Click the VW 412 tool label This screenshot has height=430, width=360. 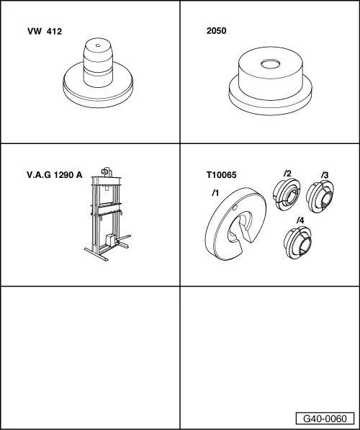pos(45,32)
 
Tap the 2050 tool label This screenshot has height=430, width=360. pos(216,31)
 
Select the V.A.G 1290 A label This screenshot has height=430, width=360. pos(54,175)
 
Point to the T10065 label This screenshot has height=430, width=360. pos(221,175)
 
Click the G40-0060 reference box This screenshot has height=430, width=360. pos(325,418)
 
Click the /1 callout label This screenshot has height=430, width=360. pos(215,193)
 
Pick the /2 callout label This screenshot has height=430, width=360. pos(287,174)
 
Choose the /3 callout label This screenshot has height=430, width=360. pos(325,175)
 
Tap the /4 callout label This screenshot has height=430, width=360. pos(300,220)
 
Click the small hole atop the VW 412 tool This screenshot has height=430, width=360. pos(98,45)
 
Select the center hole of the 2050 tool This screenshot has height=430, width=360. pos(270,64)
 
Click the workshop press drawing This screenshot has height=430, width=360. pos(107,214)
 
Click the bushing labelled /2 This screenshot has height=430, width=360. pos(287,194)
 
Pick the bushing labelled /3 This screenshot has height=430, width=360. pos(320,197)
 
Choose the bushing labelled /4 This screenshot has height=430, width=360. pos(297,242)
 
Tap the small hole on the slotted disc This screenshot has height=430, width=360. pos(235,208)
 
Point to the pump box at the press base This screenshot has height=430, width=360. pos(111,240)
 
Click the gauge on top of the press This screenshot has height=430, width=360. pos(104,171)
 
